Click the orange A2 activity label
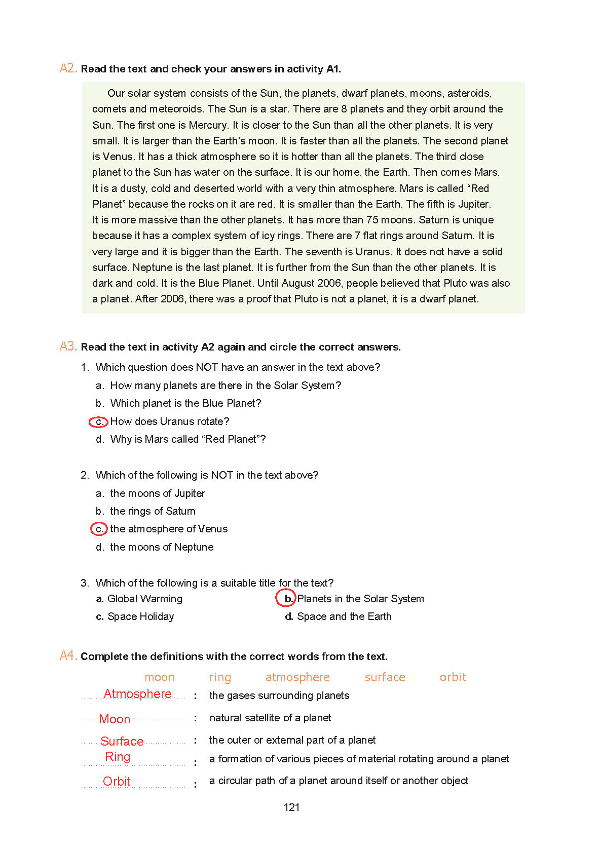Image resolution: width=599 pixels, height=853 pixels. [68, 68]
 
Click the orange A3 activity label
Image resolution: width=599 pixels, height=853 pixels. [68, 346]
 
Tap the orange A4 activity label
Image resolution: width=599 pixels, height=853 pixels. [68, 656]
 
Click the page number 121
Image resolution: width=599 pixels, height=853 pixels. [291, 807]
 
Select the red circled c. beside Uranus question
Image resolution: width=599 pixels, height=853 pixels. [99, 421]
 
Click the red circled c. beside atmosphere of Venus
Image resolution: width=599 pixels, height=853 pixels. [99, 529]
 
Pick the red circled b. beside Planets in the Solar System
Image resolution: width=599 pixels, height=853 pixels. [286, 598]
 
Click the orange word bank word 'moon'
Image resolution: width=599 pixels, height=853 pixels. [160, 677]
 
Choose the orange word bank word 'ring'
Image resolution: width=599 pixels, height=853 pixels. [220, 677]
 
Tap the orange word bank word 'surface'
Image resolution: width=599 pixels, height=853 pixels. [385, 677]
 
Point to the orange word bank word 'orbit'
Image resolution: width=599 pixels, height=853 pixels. [453, 677]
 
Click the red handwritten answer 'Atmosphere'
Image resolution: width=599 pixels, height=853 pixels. [137, 694]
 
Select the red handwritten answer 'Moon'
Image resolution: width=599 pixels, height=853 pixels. [115, 719]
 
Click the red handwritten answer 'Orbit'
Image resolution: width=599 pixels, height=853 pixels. [117, 782]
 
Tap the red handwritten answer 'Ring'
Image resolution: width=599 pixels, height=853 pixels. [118, 757]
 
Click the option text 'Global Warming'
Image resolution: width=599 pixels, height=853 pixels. [145, 599]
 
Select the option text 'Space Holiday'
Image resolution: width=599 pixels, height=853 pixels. [140, 616]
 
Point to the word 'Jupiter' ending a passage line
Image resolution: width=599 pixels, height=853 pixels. [474, 204]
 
